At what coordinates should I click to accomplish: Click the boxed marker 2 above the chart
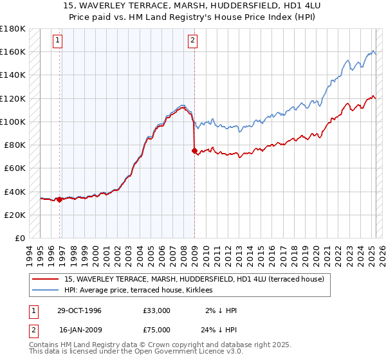click(x=192, y=40)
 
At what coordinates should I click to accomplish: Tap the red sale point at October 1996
click(x=60, y=199)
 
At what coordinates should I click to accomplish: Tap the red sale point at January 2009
click(x=194, y=150)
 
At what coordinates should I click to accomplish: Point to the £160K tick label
click(x=13, y=51)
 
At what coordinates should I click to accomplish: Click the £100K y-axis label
click(x=13, y=122)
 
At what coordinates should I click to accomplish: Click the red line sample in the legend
click(x=46, y=280)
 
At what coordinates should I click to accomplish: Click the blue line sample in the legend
click(x=46, y=291)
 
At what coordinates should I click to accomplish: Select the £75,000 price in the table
click(x=157, y=330)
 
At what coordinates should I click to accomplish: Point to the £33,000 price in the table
click(x=157, y=310)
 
